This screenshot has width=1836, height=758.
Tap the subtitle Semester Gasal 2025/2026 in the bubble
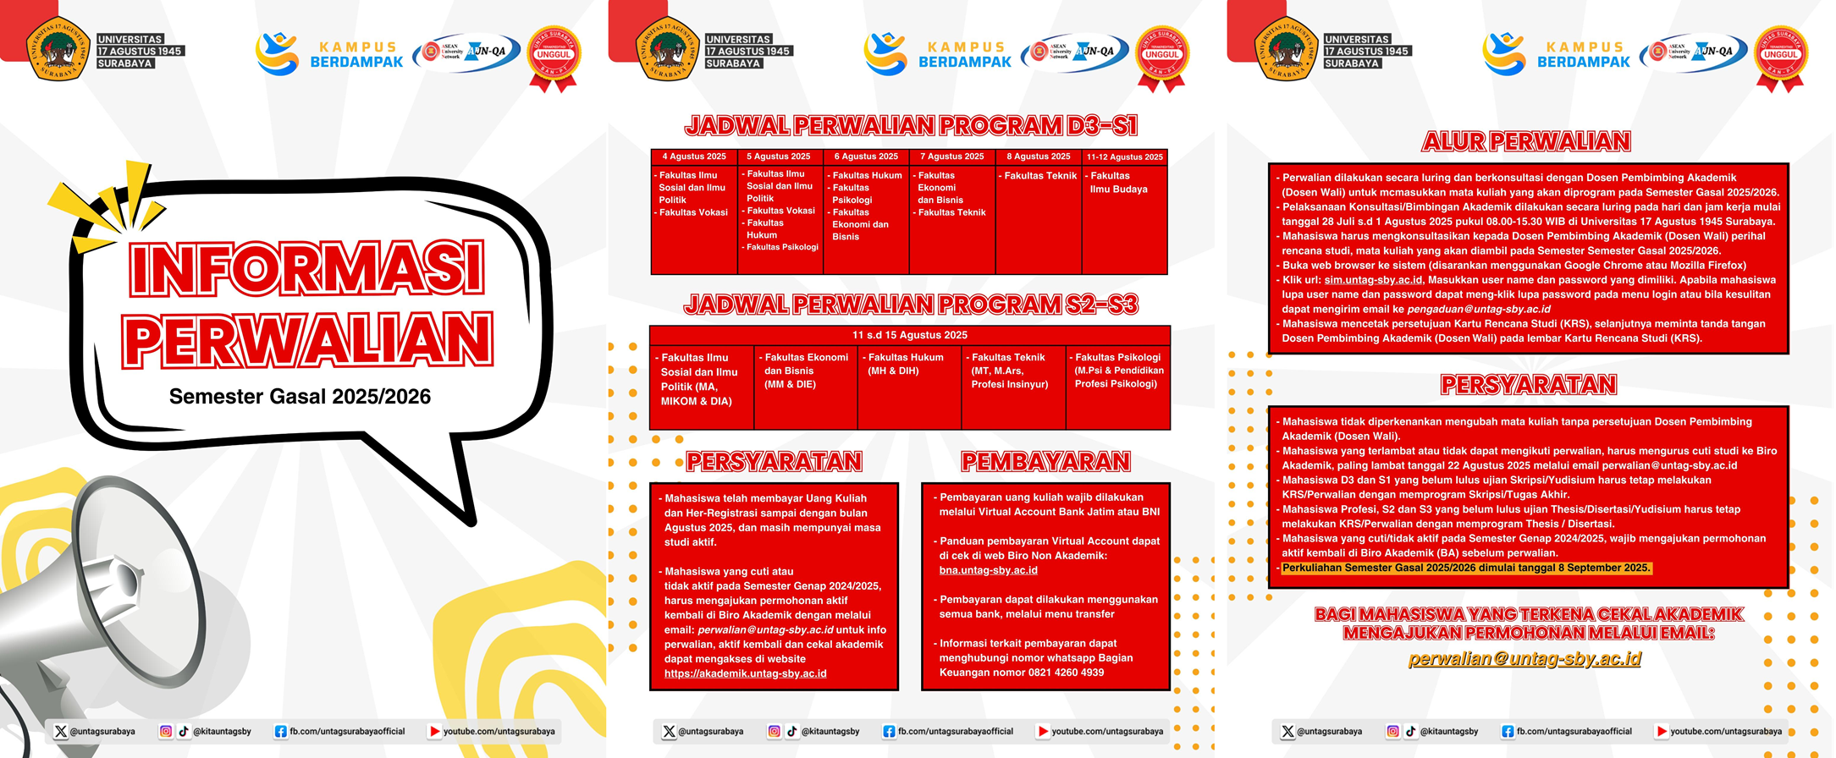pyautogui.click(x=300, y=397)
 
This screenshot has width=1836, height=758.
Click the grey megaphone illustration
pyautogui.click(x=110, y=609)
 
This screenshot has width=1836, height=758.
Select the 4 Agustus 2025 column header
pyautogui.click(x=694, y=157)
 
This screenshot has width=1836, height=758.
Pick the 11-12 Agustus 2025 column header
pyautogui.click(x=1124, y=157)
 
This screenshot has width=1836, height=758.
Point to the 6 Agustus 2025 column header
pyautogui.click(x=866, y=157)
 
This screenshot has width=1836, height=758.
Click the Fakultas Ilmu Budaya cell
pyautogui.click(x=1118, y=183)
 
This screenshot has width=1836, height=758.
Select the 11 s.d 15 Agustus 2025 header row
pyautogui.click(x=909, y=335)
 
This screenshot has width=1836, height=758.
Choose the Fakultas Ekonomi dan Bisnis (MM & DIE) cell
pyautogui.click(x=805, y=371)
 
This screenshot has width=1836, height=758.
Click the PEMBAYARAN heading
pyautogui.click(x=1045, y=462)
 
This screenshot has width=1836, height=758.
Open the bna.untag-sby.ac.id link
pyautogui.click(x=988, y=570)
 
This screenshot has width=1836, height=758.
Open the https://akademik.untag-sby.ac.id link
pyautogui.click(x=745, y=673)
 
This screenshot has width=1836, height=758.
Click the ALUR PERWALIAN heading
pyautogui.click(x=1526, y=141)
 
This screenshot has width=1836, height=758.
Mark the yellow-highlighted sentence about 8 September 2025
pyautogui.click(x=1466, y=568)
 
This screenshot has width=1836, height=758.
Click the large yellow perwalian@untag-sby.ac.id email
pyautogui.click(x=1524, y=658)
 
